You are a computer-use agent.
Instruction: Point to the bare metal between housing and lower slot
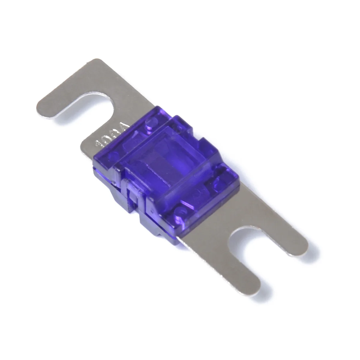[216, 228]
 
